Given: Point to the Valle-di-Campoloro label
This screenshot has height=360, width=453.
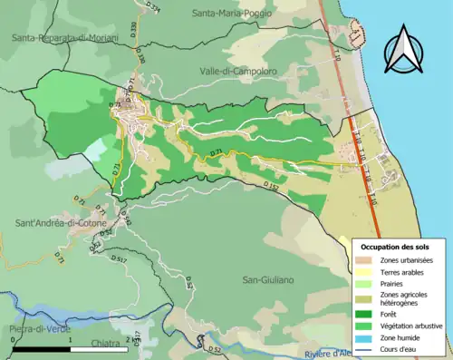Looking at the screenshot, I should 238,70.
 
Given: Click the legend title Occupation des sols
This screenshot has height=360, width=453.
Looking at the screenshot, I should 396,247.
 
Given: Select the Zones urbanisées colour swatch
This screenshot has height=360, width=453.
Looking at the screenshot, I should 367,261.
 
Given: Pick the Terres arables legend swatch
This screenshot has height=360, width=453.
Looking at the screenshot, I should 367,272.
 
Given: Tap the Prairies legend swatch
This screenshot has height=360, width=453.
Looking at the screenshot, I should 367,284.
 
